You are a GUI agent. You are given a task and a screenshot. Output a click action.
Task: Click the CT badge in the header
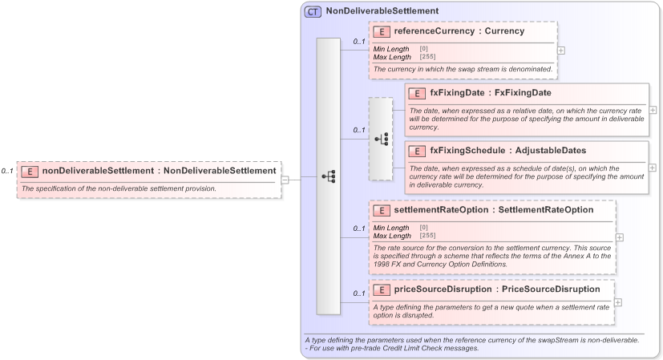pyautogui.click(x=313, y=12)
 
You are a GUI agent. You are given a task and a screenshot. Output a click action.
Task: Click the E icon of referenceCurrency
pyautogui.click(x=382, y=32)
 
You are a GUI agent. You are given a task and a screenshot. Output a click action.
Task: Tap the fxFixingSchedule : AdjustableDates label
pyautogui.click(x=507, y=150)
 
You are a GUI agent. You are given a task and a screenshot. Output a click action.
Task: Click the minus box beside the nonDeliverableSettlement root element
pyautogui.click(x=285, y=179)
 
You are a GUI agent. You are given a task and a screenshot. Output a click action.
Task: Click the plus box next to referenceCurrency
pyautogui.click(x=560, y=50)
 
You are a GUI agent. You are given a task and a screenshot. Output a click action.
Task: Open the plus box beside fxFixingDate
pyautogui.click(x=653, y=110)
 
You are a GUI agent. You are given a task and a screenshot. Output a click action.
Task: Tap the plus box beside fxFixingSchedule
pyautogui.click(x=653, y=168)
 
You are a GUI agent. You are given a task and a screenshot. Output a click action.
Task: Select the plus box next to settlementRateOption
pyautogui.click(x=619, y=237)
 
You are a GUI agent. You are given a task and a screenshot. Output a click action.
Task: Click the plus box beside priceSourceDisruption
pyautogui.click(x=617, y=302)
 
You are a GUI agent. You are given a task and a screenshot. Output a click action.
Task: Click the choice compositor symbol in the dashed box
pyautogui.click(x=381, y=139)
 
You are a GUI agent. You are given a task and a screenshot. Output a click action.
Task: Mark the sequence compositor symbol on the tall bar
pyautogui.click(x=328, y=176)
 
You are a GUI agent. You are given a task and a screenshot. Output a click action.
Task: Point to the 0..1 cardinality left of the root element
pyautogui.click(x=7, y=171)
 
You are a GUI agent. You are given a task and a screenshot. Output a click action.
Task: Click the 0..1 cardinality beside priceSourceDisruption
pyautogui.click(x=358, y=293)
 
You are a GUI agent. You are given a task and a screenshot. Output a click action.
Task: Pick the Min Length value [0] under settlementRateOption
pyautogui.click(x=422, y=228)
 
